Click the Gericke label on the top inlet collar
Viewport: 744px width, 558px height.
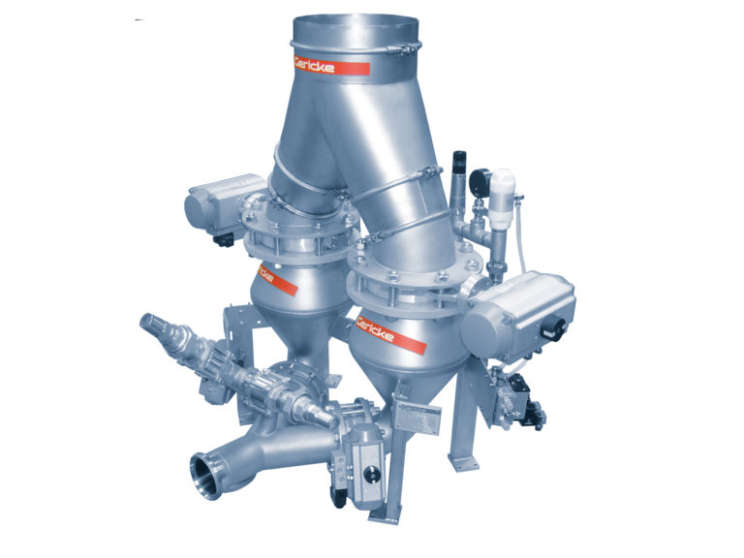click(331, 65)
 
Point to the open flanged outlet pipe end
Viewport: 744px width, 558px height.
click(208, 479)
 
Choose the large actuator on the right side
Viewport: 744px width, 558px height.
click(517, 314)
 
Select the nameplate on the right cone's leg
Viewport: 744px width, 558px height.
click(418, 418)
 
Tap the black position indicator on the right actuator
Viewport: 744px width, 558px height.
click(554, 330)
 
